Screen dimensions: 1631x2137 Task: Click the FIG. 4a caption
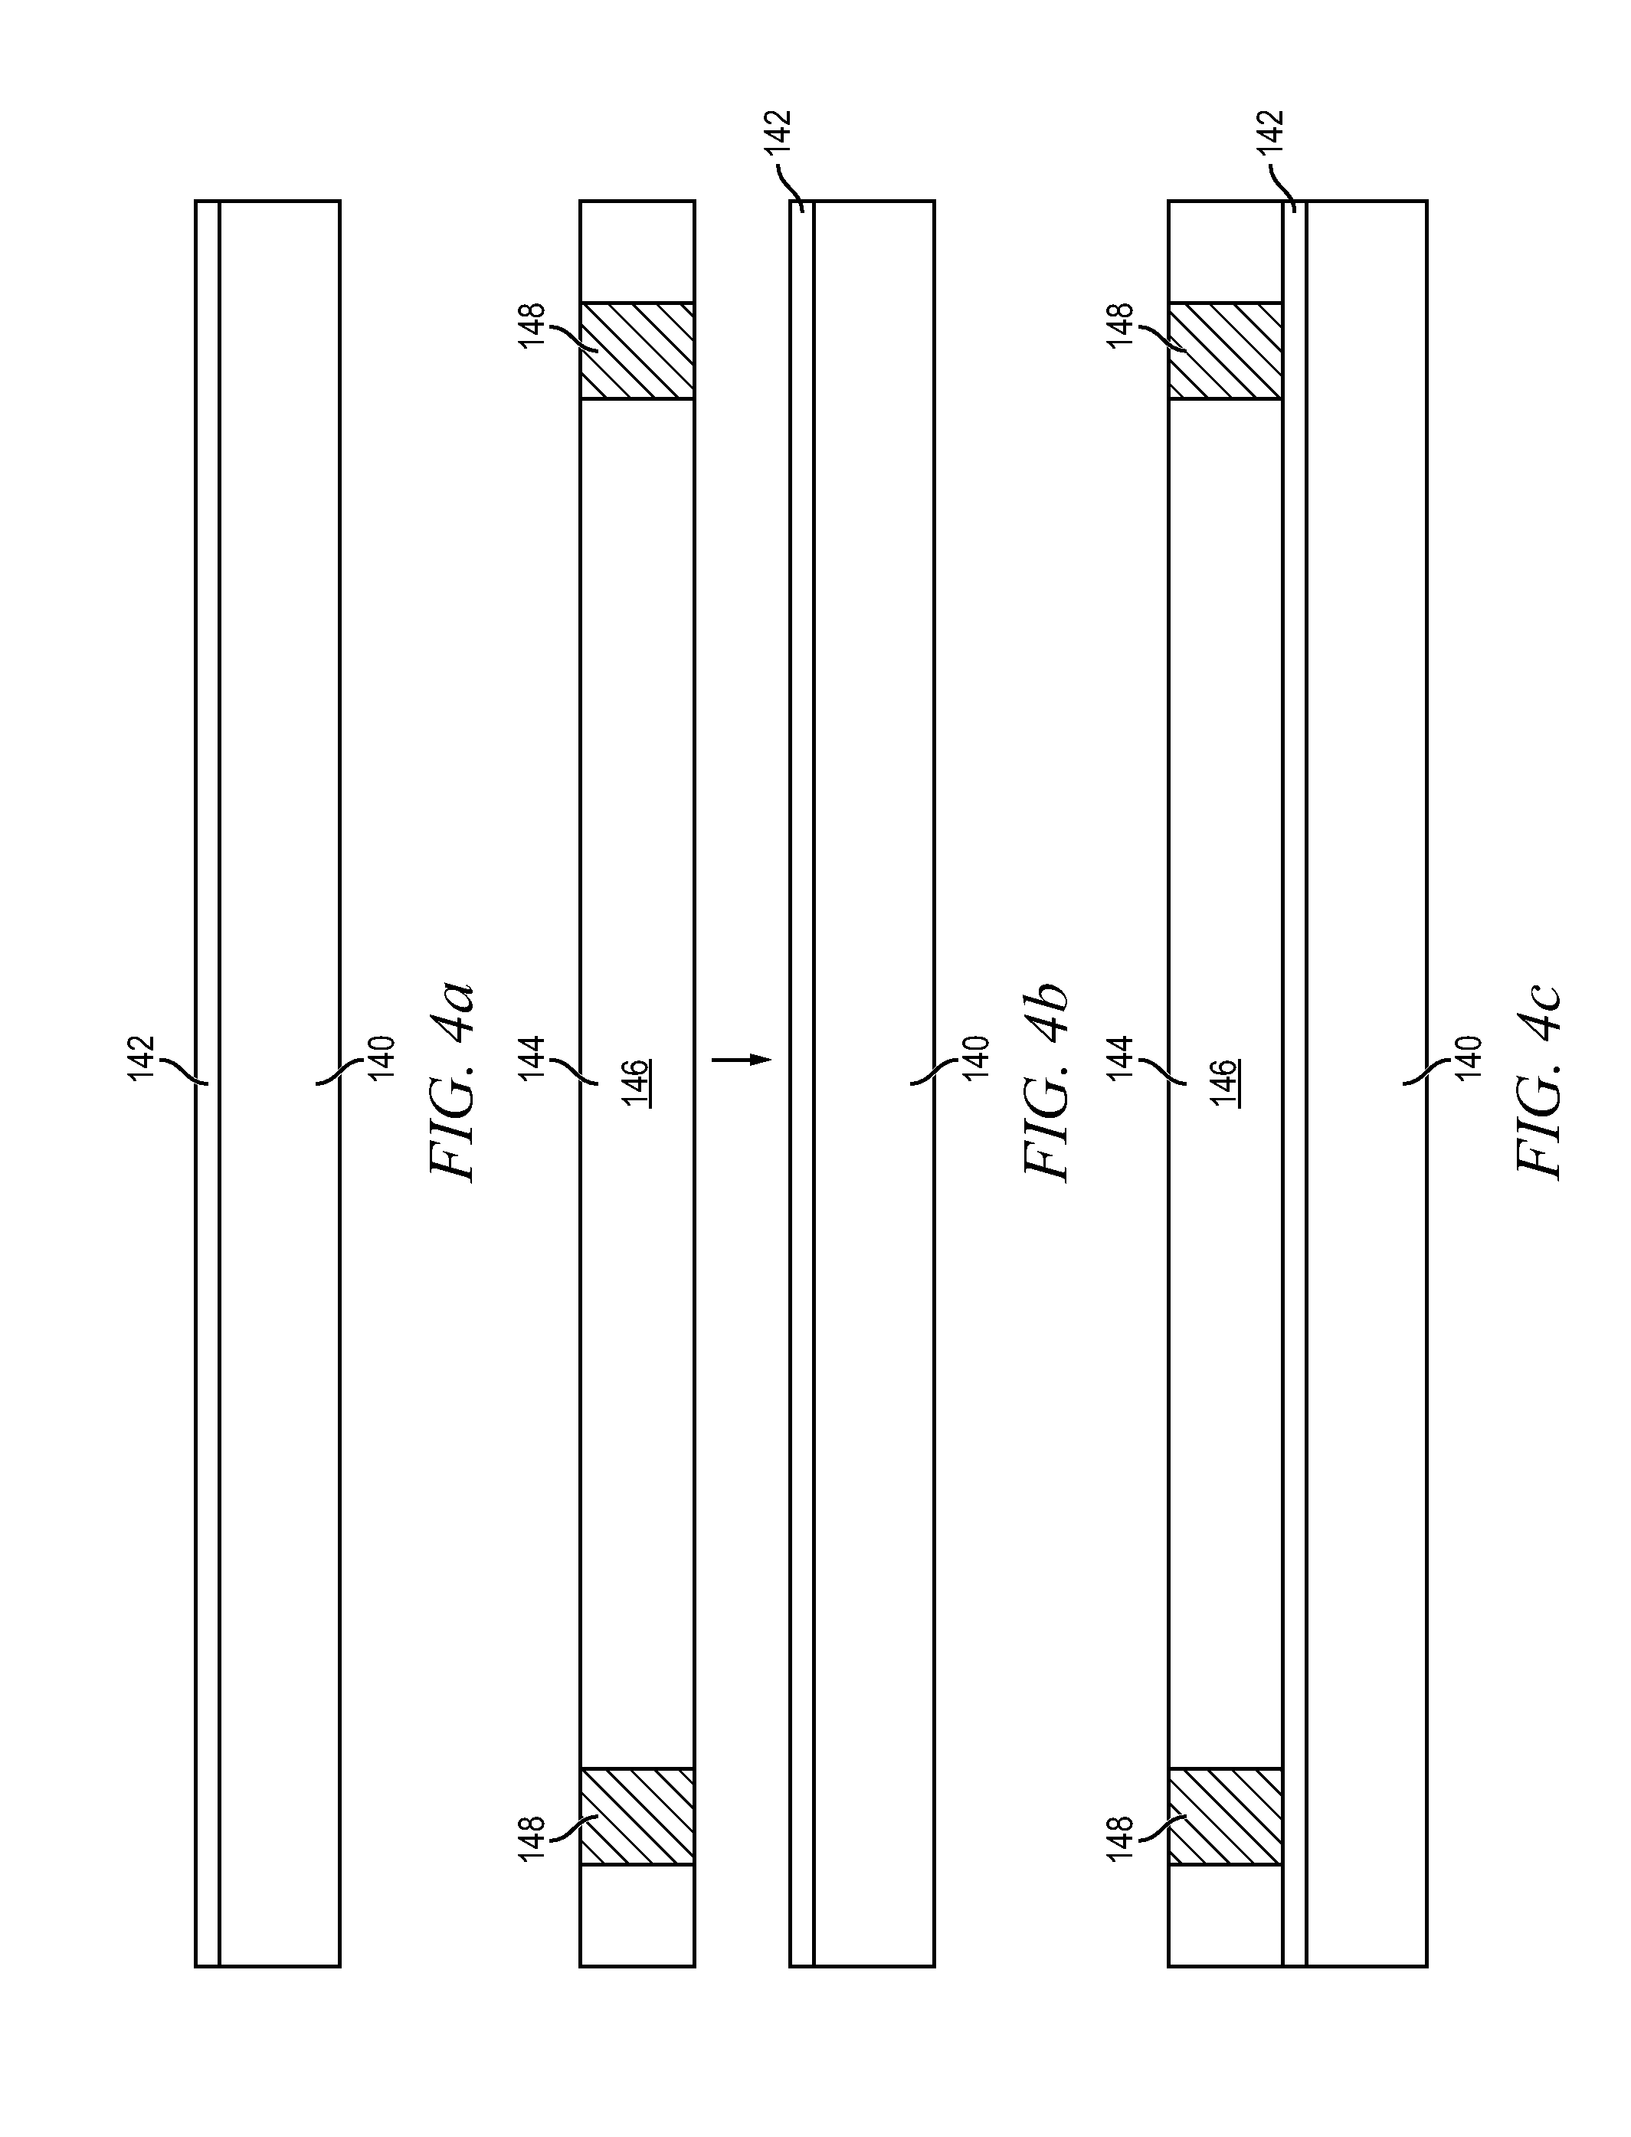[454, 1082]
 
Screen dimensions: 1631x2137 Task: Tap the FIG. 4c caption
[1540, 1082]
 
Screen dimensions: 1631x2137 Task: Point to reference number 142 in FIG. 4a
[141, 1057]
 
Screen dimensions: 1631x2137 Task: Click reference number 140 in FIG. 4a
[382, 1057]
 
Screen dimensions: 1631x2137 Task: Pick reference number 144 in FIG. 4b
[532, 1057]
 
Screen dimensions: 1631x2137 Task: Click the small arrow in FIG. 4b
[742, 1059]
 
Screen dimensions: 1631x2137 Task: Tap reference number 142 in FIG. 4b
[778, 132]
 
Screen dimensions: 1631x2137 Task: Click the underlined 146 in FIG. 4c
[1224, 1083]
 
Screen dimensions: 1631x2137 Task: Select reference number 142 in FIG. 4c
[1270, 132]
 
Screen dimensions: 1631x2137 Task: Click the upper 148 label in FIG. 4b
[532, 326]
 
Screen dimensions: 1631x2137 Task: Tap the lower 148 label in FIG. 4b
[532, 1838]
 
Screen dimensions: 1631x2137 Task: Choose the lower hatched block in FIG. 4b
[637, 1816]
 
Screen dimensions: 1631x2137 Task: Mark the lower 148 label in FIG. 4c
[1120, 1838]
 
